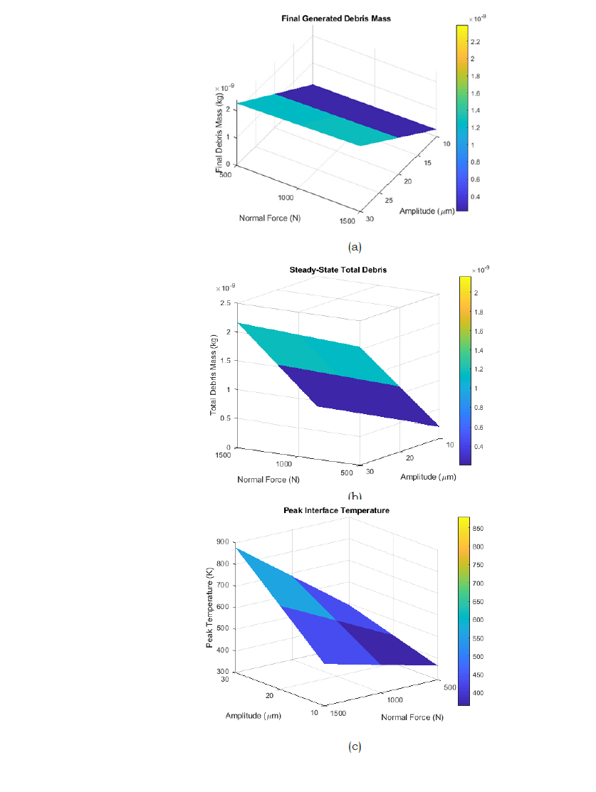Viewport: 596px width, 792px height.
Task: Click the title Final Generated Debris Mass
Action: [x=336, y=18]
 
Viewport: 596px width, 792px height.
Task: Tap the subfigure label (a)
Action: [x=355, y=247]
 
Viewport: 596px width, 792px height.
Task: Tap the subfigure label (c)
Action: [x=355, y=746]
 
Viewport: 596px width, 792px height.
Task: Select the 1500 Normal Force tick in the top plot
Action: [x=347, y=221]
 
